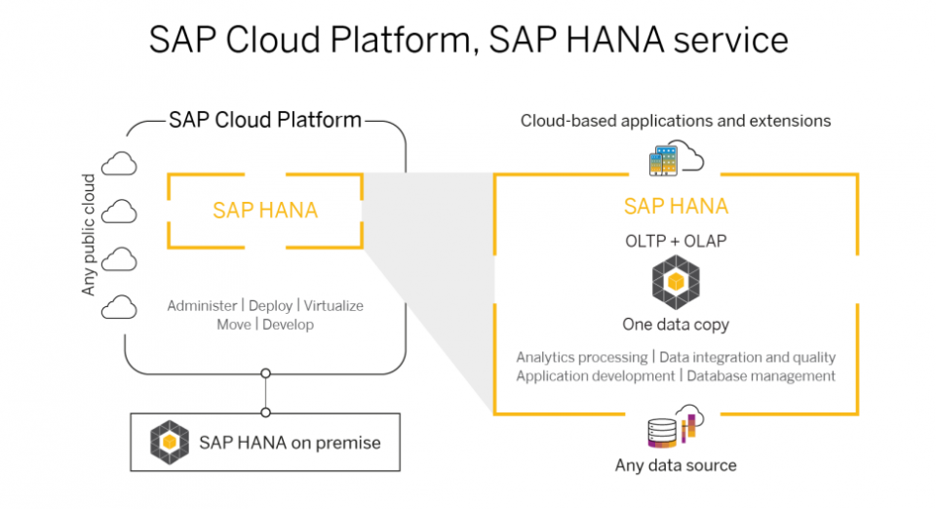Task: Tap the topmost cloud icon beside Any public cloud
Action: click(119, 164)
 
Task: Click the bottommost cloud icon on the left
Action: click(119, 307)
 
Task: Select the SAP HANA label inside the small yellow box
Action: click(265, 210)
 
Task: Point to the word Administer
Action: click(202, 305)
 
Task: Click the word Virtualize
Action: click(333, 305)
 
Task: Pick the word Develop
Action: click(288, 325)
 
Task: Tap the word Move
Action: click(233, 325)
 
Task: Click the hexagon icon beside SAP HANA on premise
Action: click(170, 442)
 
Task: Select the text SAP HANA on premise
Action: click(290, 443)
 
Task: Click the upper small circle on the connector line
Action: click(265, 373)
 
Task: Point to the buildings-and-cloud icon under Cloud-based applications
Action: click(677, 158)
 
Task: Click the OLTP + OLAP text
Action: click(676, 241)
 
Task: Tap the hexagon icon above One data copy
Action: click(676, 282)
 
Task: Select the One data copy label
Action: click(676, 325)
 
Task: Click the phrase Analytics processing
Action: click(582, 358)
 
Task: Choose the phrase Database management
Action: click(761, 376)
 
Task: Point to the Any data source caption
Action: click(676, 465)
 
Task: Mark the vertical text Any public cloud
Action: click(89, 234)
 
